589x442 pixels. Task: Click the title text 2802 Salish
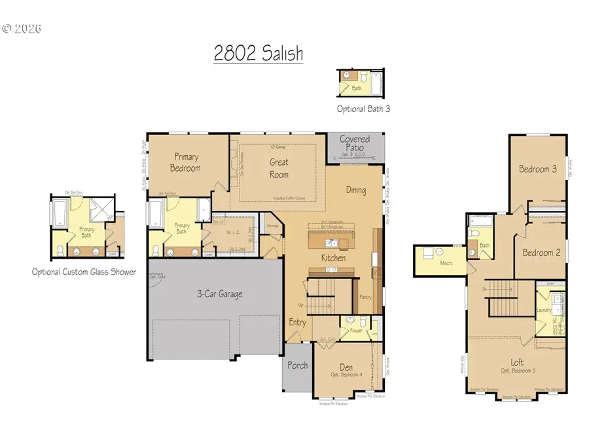pyautogui.click(x=258, y=53)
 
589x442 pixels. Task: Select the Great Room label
pyautogui.click(x=279, y=168)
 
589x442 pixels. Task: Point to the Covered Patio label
pyautogui.click(x=354, y=143)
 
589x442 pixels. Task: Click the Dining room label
pyautogui.click(x=356, y=191)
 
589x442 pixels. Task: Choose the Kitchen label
pyautogui.click(x=333, y=258)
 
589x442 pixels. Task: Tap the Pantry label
pyautogui.click(x=366, y=297)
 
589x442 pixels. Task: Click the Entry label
pyautogui.click(x=298, y=322)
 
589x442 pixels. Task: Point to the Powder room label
pyautogui.click(x=356, y=331)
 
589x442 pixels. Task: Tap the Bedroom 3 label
pyautogui.click(x=538, y=169)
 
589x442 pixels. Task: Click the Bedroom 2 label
pyautogui.click(x=541, y=253)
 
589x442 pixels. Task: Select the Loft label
pyautogui.click(x=518, y=361)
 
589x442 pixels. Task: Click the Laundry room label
pyautogui.click(x=543, y=311)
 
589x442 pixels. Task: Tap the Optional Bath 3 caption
pyautogui.click(x=363, y=109)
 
